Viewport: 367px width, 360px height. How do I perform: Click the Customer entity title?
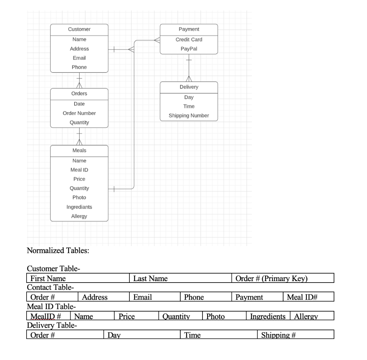click(79, 29)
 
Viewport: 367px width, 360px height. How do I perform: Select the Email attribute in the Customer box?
click(79, 58)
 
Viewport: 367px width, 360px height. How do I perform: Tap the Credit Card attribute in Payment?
click(189, 39)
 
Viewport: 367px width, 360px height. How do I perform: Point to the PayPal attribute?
click(189, 49)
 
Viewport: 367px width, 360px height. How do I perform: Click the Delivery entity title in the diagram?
click(189, 87)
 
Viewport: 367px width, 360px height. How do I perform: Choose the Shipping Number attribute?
click(189, 115)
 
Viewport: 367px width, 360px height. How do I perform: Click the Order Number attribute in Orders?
click(79, 113)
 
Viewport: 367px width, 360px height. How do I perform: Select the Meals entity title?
click(79, 150)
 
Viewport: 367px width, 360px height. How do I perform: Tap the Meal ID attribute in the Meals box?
click(79, 170)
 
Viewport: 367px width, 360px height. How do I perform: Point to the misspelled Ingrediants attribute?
click(79, 207)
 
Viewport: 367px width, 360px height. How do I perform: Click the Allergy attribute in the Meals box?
click(79, 216)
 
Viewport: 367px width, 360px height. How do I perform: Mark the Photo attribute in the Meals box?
click(79, 198)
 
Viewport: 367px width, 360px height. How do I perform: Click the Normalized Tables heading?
click(58, 250)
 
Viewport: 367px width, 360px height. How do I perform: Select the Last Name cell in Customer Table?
click(150, 278)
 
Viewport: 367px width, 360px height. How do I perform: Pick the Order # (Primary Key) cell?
click(272, 278)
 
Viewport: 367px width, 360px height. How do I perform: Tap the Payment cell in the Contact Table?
click(249, 297)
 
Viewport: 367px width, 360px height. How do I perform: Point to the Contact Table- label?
click(51, 288)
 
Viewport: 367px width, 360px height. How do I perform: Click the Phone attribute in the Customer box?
click(79, 67)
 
